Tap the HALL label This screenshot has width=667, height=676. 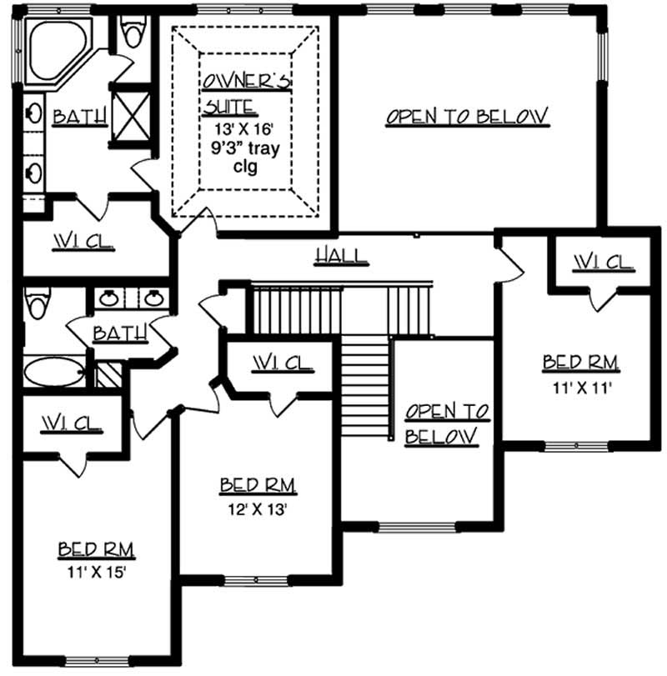(x=341, y=255)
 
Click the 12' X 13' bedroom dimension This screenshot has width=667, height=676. (x=258, y=509)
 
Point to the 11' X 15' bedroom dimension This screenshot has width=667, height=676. (x=96, y=573)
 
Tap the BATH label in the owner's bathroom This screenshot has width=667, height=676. (x=80, y=118)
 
